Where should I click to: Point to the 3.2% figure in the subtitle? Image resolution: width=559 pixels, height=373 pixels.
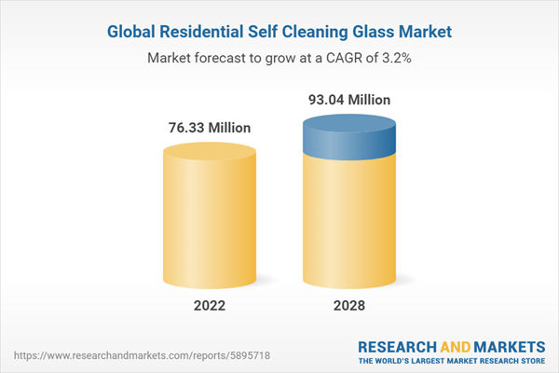(x=392, y=58)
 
